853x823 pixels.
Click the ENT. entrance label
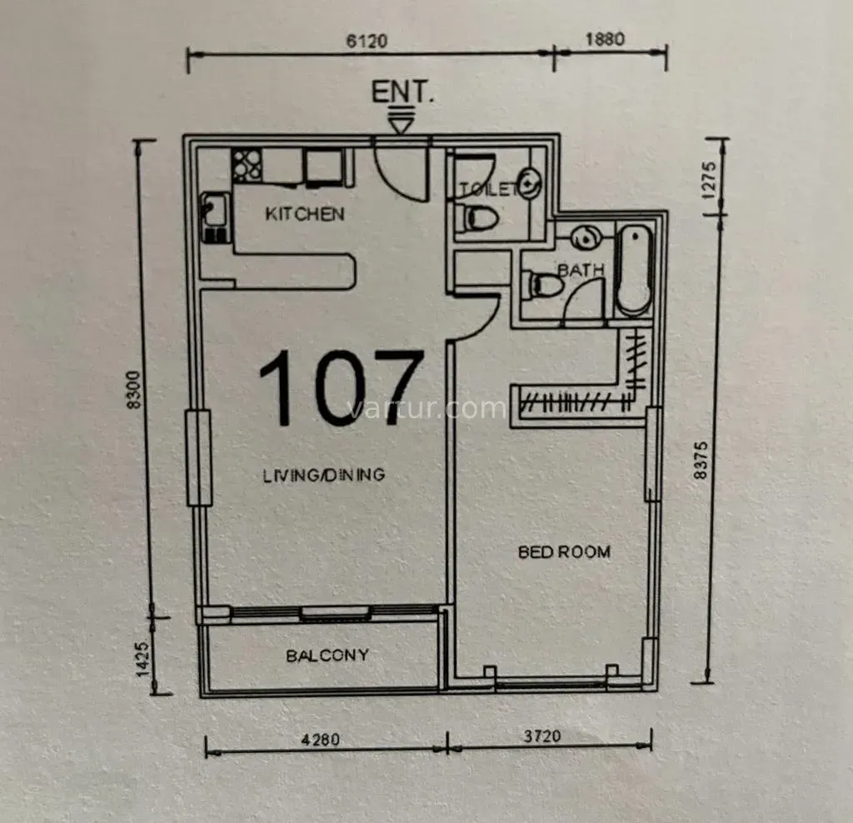pos(402,92)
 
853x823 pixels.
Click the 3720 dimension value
pos(543,736)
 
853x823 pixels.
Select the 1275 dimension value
pos(709,178)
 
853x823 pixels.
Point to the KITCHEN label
pos(304,214)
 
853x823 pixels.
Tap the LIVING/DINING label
pos(324,476)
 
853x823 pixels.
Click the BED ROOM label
pos(564,551)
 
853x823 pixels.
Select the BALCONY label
pos(327,656)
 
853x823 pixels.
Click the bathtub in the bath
pos(633,269)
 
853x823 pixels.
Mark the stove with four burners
pos(247,165)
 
